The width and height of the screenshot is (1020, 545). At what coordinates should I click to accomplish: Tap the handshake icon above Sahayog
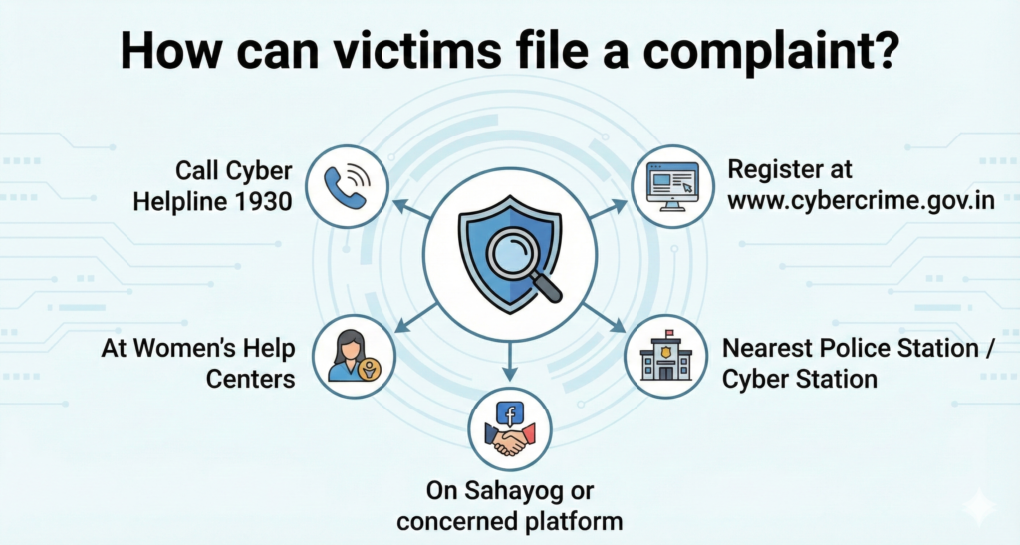(x=509, y=438)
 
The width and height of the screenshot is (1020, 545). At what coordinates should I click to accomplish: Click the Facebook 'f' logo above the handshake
(x=509, y=413)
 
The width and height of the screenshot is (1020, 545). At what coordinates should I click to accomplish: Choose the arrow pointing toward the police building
(x=609, y=318)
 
